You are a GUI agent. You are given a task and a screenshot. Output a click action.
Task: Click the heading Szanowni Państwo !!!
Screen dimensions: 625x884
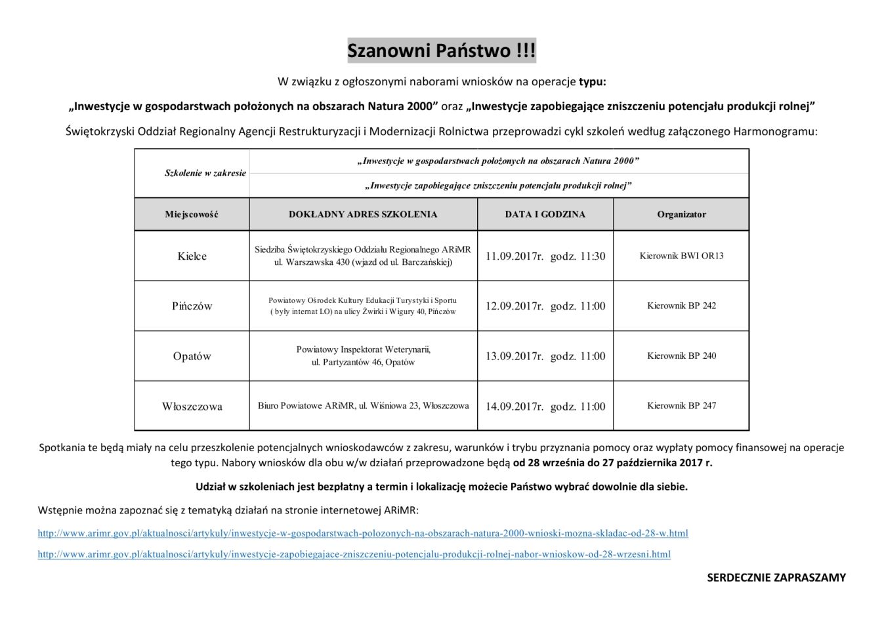(441, 50)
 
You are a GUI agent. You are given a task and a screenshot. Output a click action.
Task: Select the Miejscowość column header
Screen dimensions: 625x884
(192, 214)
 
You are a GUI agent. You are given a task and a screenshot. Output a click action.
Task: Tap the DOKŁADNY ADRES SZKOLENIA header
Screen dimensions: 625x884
(363, 214)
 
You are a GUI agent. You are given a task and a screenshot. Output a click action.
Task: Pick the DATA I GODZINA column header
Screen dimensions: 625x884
(545, 214)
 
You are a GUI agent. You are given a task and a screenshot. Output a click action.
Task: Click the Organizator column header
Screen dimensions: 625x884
(681, 214)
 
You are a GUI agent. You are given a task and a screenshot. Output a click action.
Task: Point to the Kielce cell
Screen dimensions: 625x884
(192, 256)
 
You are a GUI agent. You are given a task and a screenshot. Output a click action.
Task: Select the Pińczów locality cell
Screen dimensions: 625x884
(192, 306)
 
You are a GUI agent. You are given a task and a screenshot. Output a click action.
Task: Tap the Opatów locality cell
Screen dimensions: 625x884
(192, 356)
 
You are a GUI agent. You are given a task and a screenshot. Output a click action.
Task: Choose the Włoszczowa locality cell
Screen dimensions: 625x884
(192, 407)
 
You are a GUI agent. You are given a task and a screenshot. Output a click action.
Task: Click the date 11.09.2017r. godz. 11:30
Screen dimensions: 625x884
(545, 256)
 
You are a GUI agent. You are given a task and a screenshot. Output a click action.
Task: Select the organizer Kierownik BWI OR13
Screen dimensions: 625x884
(681, 256)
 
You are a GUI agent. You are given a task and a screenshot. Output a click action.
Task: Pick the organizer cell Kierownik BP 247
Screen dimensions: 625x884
(681, 406)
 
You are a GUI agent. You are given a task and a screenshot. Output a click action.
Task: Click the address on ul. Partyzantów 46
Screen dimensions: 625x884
(363, 362)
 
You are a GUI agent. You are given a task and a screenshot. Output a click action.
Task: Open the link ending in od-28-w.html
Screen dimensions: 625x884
(362, 533)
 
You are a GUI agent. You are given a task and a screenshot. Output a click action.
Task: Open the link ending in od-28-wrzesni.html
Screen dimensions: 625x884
(354, 554)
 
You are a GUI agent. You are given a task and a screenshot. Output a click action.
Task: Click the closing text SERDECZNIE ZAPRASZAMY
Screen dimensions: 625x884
(776, 578)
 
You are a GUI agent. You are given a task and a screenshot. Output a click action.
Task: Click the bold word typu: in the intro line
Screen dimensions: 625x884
(592, 82)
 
